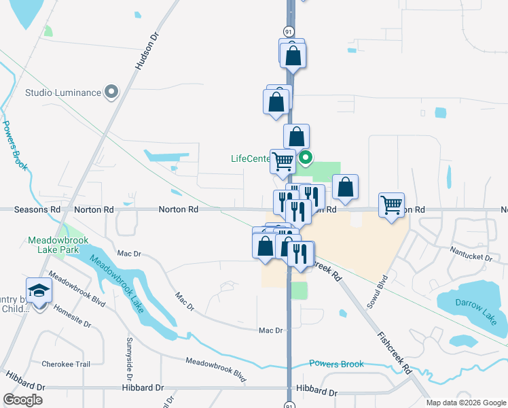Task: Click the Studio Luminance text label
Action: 62,93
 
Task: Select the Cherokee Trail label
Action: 66,364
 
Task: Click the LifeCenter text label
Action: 251,159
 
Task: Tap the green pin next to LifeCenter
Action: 306,158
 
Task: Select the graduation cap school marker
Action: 39,291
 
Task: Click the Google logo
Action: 22,400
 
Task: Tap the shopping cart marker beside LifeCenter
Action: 283,161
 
